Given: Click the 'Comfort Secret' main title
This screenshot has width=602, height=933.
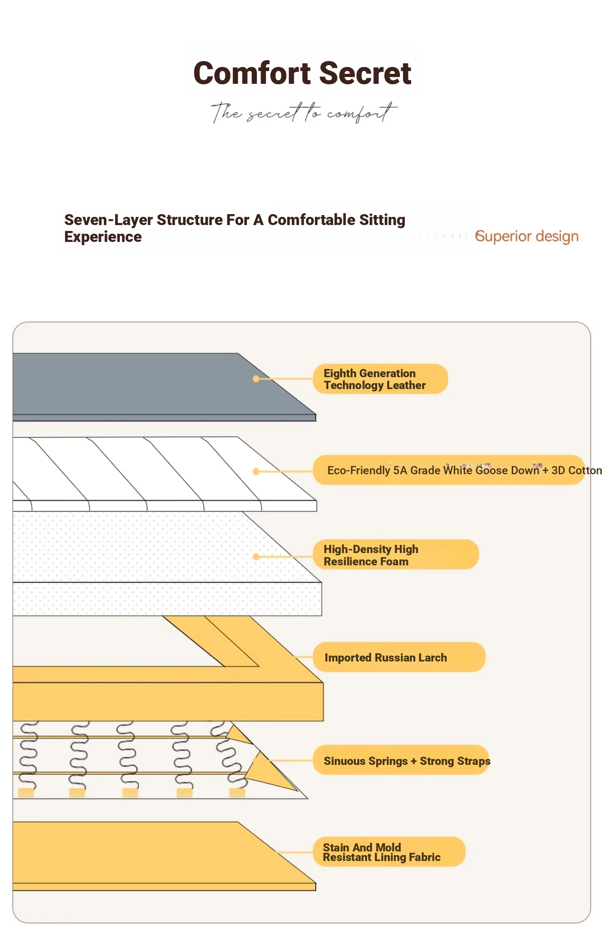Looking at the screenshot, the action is tap(302, 73).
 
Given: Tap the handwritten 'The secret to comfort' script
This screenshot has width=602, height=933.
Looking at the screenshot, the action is tap(304, 112).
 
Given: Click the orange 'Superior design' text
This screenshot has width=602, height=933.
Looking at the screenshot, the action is tap(527, 236).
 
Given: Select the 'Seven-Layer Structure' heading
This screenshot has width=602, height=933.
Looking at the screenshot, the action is tap(235, 228).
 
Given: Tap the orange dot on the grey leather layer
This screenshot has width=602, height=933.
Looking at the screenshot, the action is tap(256, 379).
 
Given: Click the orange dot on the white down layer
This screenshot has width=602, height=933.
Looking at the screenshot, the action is tap(256, 472).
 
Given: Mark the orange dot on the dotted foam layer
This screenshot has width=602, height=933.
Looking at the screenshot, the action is tap(256, 557).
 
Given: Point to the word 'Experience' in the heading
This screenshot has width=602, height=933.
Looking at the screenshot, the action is tap(103, 237).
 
